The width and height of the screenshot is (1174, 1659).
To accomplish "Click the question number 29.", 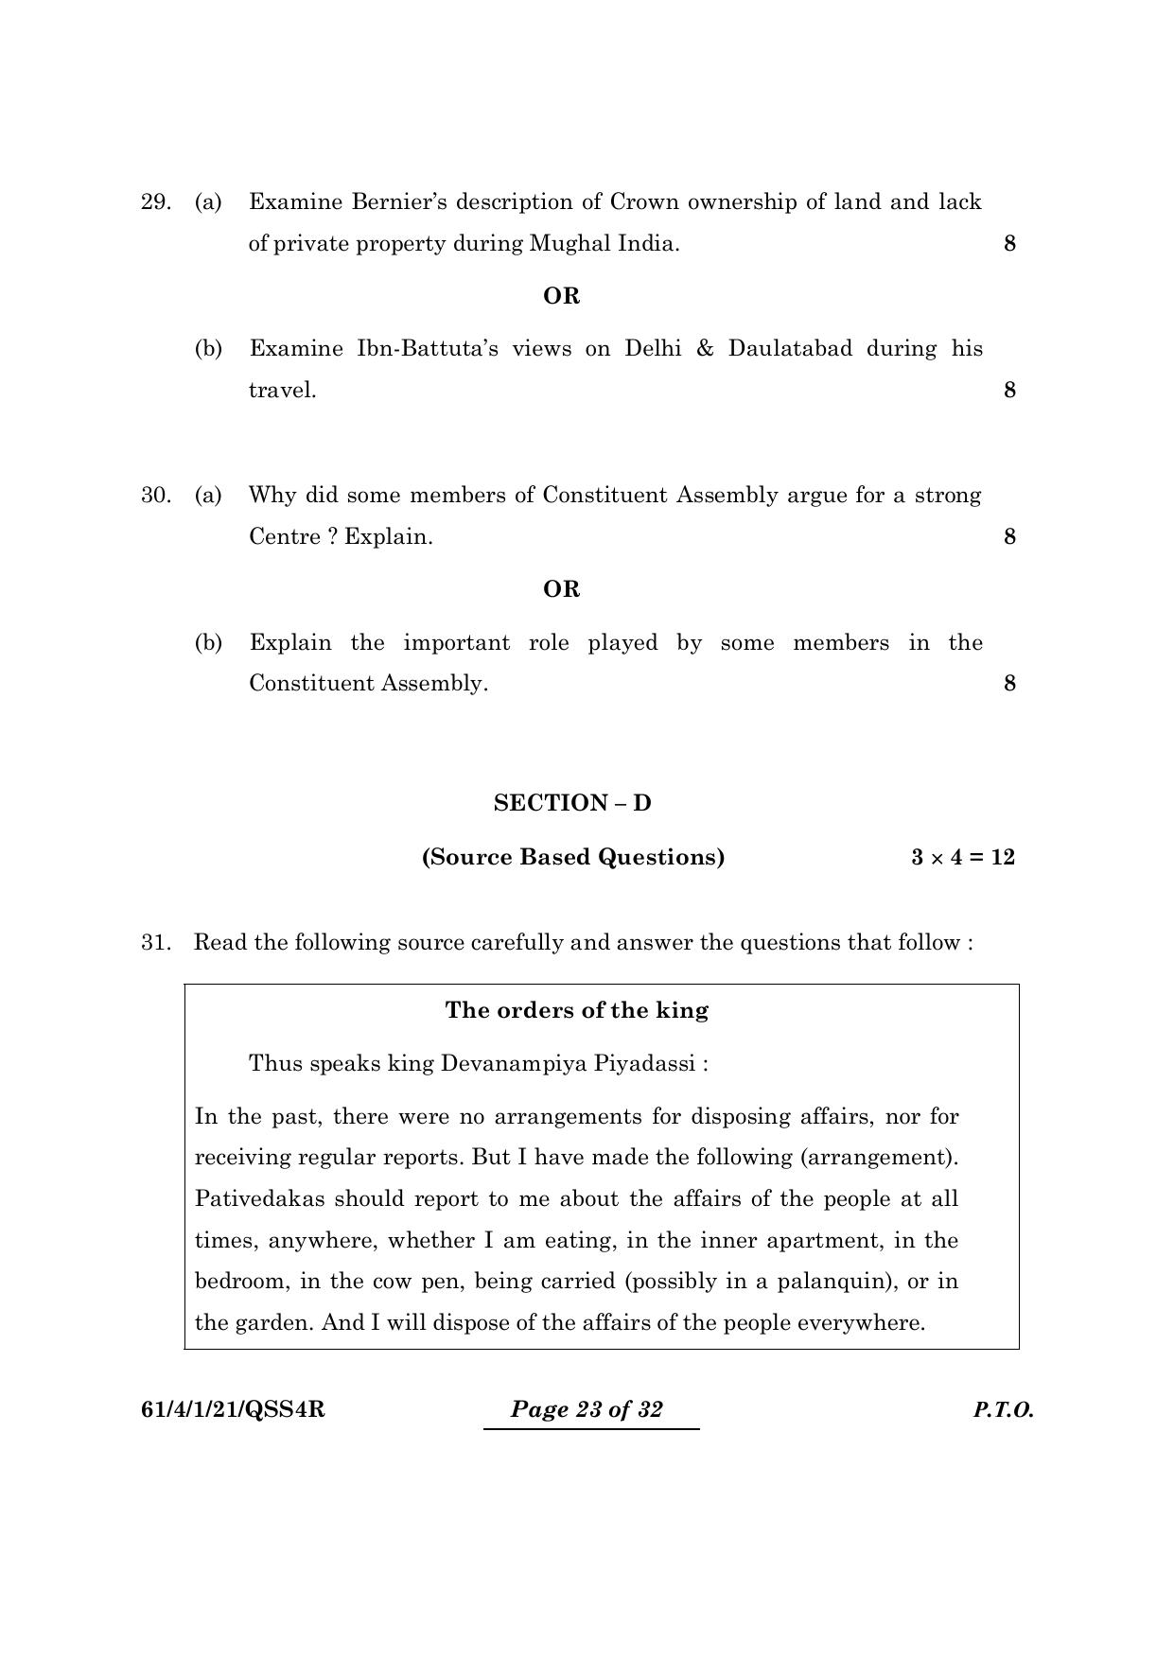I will (155, 202).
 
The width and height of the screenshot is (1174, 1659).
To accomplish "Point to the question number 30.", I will (155, 496).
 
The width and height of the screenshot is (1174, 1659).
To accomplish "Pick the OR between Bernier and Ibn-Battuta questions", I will (561, 296).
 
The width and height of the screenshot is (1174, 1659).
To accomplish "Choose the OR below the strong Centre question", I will (561, 589).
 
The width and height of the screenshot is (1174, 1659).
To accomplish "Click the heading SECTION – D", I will (572, 803).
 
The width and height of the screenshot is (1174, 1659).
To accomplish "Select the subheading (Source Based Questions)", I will (573, 857).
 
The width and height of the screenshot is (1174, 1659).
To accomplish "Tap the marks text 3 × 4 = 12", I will (962, 857).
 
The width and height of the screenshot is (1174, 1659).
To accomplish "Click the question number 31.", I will (155, 942).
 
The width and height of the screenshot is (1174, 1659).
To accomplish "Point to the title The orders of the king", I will (576, 1010).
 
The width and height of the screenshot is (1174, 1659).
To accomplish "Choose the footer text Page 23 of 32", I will (587, 1409).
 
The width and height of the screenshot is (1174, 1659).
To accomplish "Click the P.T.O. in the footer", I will (1003, 1410).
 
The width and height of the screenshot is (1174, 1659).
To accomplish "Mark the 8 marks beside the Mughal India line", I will (1009, 244).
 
